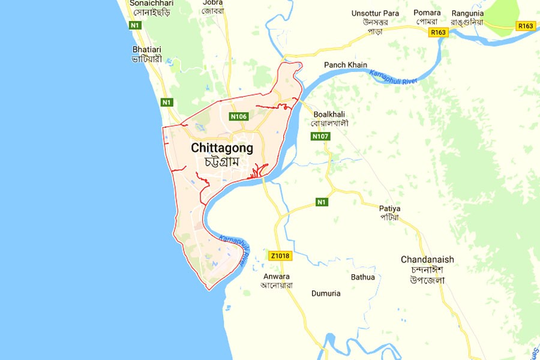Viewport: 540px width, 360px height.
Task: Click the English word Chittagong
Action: pos(222,148)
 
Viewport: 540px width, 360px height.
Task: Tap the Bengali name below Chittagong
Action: pos(222,161)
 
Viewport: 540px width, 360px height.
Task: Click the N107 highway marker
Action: pos(320,137)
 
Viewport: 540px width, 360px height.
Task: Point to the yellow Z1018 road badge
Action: pos(280,256)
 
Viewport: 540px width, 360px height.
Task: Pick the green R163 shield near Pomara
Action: pos(439,34)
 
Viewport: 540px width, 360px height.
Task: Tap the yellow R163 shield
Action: pos(525,26)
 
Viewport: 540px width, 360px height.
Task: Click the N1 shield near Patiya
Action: pos(322,202)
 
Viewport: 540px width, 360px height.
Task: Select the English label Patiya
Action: pos(389,209)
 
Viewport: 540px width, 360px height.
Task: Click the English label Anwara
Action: pos(276,277)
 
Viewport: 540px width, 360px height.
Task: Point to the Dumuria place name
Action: pos(326,293)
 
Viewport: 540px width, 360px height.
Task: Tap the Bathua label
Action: pos(363,277)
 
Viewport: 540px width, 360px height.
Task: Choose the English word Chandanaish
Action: pos(427,260)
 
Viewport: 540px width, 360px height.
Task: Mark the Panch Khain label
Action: pos(346,65)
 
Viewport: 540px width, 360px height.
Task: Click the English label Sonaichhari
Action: pos(151,2)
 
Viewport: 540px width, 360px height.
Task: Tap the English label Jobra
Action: pos(212,2)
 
